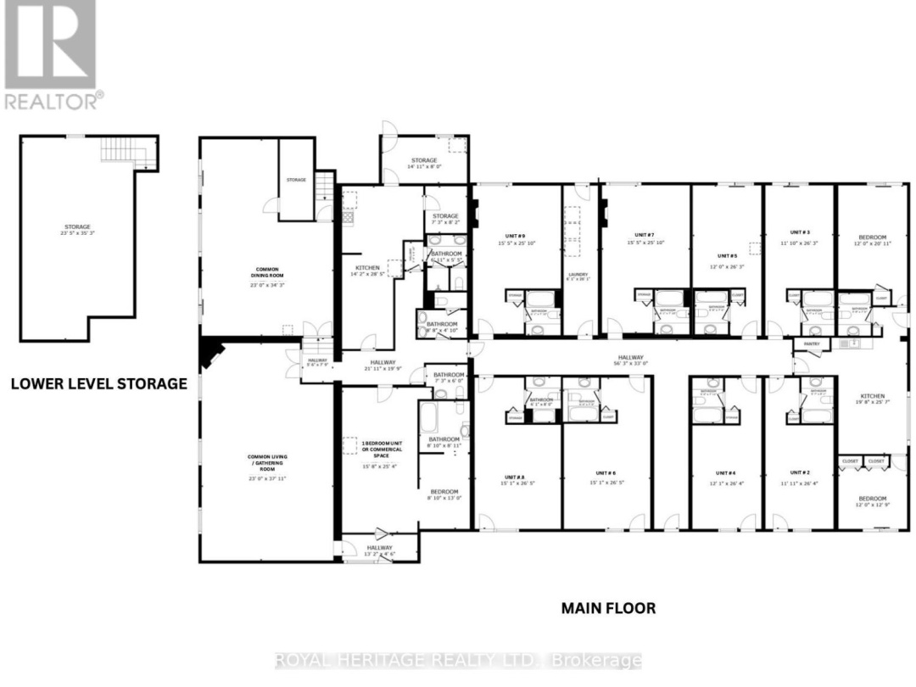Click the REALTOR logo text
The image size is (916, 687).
point(53,101)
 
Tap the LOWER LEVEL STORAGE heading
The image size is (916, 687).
point(98,384)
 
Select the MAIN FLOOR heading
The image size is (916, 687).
point(607,608)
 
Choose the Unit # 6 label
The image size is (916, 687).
point(605,473)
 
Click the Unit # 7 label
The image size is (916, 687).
point(645,235)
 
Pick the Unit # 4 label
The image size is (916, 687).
point(725,473)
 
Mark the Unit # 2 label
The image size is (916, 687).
point(800,472)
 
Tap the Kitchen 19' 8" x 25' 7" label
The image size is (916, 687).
point(872,399)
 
